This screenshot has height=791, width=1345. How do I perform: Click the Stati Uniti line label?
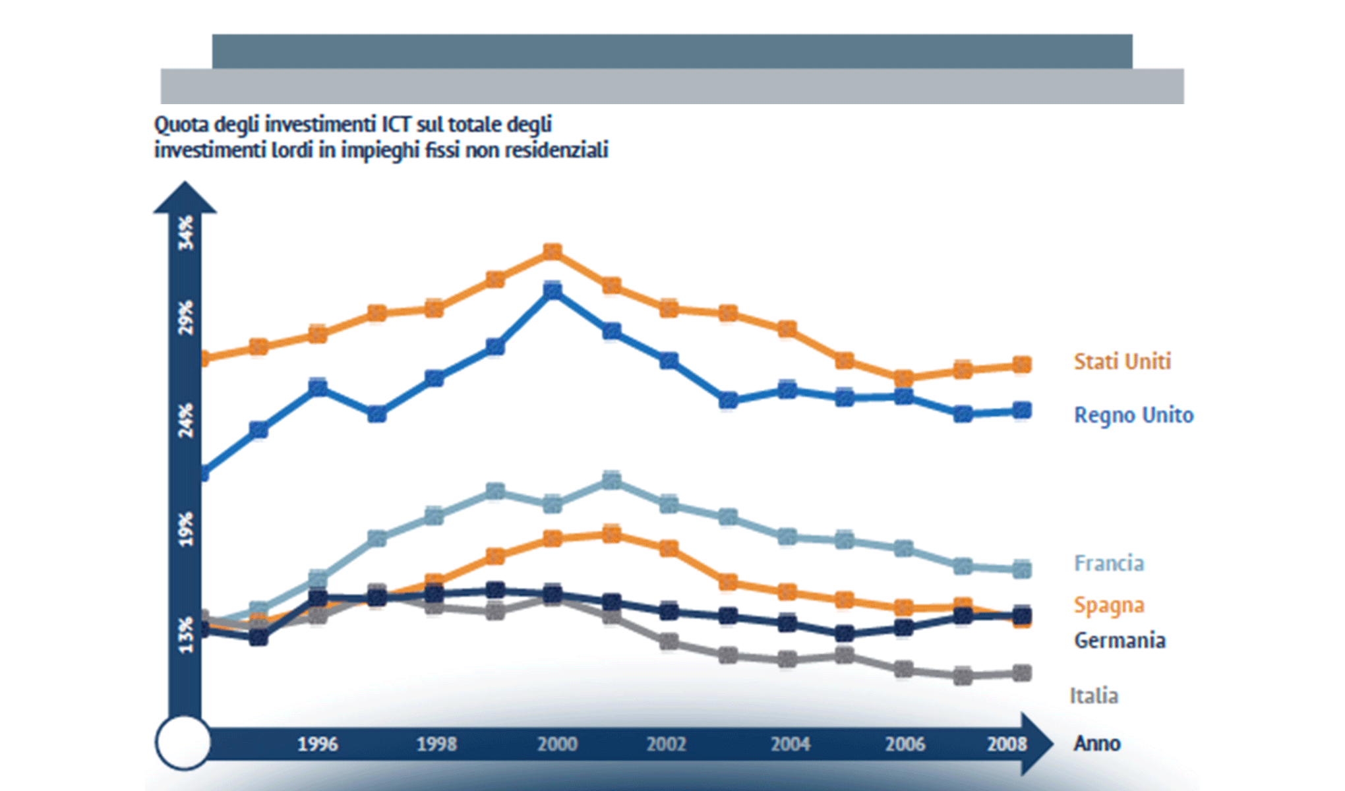pos(1122,361)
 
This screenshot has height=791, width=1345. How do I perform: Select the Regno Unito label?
pos(1133,415)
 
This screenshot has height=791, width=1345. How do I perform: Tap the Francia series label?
pos(1109,564)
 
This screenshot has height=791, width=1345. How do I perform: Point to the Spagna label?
pos(1109,605)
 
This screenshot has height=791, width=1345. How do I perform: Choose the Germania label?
pos(1120,640)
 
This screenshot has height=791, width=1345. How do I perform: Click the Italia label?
pos(1094,695)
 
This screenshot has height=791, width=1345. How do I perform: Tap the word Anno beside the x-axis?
pos(1097,744)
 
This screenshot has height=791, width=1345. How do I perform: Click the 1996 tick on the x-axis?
pos(318,744)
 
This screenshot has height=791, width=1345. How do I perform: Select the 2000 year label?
pos(557,744)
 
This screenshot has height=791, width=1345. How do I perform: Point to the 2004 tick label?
pos(791,744)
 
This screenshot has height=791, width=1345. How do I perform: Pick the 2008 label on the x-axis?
pos(1007,744)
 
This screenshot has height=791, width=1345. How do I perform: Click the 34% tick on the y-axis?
pos(187,232)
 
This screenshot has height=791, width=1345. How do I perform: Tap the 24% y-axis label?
pos(187,420)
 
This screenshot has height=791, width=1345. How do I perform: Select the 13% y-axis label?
pos(187,635)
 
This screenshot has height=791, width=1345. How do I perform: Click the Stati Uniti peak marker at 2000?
pos(553,252)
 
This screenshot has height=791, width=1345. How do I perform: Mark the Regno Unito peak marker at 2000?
pos(553,291)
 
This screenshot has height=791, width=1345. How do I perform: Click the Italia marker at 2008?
pos(1021,673)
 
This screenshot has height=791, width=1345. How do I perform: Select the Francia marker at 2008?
pos(1021,569)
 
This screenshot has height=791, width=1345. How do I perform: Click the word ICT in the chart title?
pos(397,125)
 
